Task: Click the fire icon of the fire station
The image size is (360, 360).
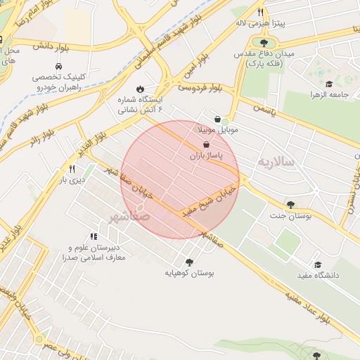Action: [x=140, y=89]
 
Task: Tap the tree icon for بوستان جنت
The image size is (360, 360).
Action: [x=290, y=205]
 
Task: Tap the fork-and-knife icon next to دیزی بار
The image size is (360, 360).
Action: [x=72, y=169]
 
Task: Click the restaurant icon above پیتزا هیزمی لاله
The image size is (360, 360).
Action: [x=261, y=12]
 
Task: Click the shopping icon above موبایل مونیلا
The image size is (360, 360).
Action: [x=220, y=120]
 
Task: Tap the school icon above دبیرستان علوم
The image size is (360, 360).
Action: [x=94, y=237]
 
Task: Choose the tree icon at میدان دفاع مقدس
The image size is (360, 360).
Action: [x=264, y=43]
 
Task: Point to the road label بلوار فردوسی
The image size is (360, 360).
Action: [x=199, y=87]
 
